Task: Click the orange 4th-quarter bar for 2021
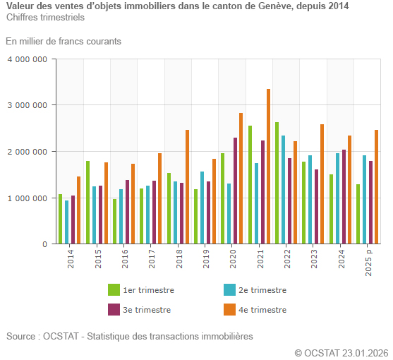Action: coord(269,167)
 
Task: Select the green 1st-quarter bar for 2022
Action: coord(277,183)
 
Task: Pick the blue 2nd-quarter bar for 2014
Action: coord(67,222)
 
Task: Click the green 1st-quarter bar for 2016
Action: coord(115,222)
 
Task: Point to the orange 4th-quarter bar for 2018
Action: coord(188,187)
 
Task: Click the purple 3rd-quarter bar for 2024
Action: coord(344,197)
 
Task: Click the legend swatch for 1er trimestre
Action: coord(114,290)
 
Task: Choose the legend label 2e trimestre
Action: coord(262,290)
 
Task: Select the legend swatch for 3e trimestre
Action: coord(114,309)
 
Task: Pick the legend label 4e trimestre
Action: coord(262,309)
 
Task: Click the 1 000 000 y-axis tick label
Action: coord(27,198)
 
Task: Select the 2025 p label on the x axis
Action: coord(369,261)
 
